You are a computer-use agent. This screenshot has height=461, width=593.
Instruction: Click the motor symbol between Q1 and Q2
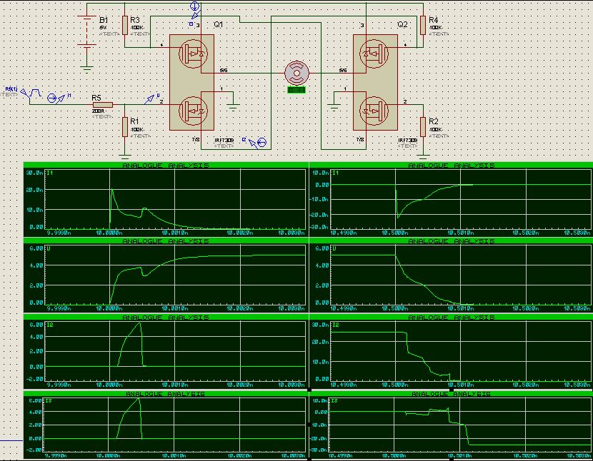point(296,73)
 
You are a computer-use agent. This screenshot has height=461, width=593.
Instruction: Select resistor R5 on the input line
point(98,103)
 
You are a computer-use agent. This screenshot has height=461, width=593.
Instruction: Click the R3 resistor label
point(136,19)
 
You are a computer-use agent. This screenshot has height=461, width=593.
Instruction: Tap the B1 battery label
point(104,19)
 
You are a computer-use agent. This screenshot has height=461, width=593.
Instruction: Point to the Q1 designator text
point(219,24)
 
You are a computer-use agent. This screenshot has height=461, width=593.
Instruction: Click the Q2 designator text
point(403,24)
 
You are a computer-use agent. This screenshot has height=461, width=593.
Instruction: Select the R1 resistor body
point(125,126)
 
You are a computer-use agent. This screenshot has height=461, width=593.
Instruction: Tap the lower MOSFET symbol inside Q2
point(373,110)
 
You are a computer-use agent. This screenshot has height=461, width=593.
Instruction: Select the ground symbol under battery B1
point(87,68)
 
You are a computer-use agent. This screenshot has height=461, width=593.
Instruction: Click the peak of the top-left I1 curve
point(111,189)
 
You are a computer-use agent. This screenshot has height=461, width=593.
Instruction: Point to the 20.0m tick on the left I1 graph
point(34,191)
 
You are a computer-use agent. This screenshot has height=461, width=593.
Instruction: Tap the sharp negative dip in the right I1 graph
point(397,216)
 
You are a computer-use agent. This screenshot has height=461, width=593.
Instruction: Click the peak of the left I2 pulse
point(140,323)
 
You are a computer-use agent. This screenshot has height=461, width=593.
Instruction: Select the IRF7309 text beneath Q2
point(408,141)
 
